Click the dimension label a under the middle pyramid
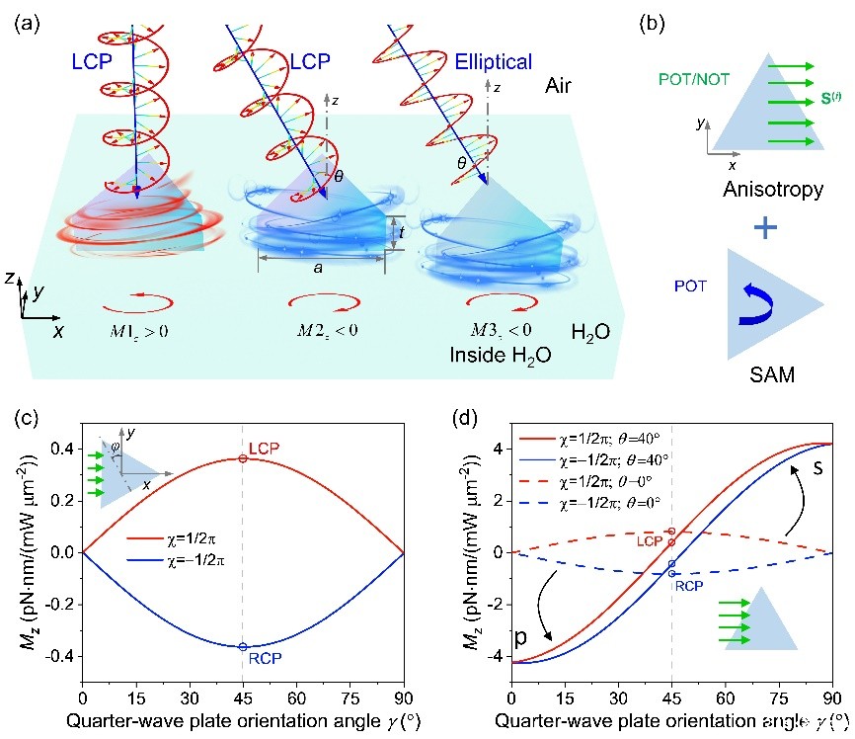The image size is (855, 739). pos(321,268)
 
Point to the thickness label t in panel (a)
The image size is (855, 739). pos(402,233)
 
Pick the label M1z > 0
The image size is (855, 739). pos(138,328)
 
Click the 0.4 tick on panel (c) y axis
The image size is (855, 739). pos(63,449)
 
